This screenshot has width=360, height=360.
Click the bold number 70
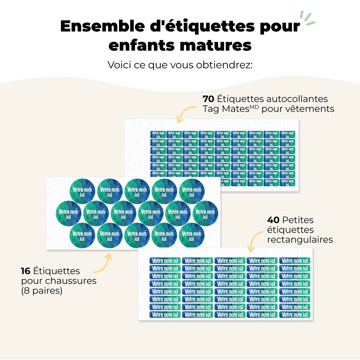coord(209,99)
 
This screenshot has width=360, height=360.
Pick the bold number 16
coord(27,271)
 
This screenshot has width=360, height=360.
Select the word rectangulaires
coord(300,240)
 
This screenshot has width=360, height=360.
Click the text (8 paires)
coord(42,291)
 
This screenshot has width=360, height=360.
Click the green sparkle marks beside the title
coord(307,18)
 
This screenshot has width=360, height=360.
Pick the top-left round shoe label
coord(82,191)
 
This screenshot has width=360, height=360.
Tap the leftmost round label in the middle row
coord(68,213)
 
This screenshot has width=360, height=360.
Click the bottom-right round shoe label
coord(191,236)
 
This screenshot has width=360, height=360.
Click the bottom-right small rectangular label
coord(295,315)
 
